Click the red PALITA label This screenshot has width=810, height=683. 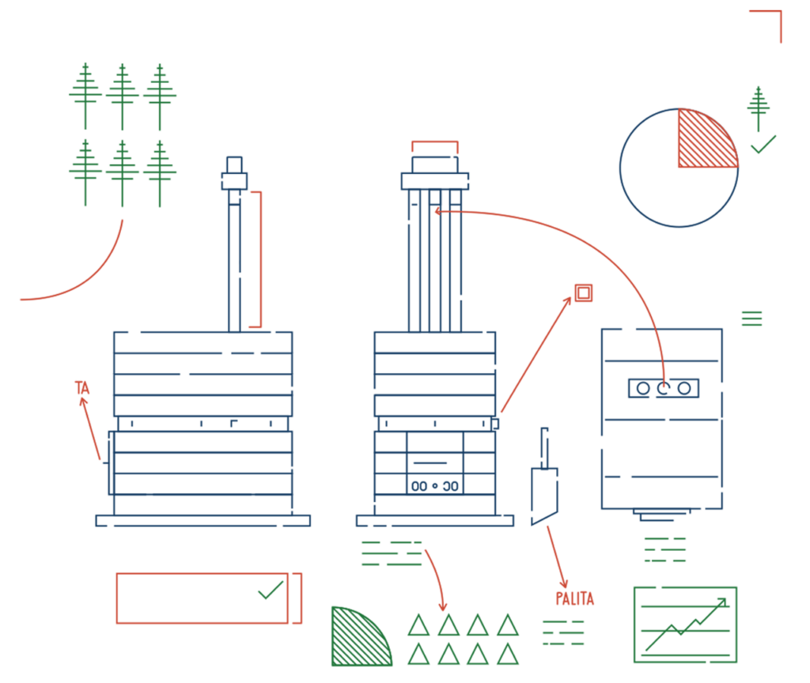pyautogui.click(x=575, y=599)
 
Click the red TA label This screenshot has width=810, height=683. pyautogui.click(x=81, y=387)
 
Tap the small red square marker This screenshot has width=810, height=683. pyautogui.click(x=584, y=293)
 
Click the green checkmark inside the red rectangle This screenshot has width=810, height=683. pyautogui.click(x=271, y=590)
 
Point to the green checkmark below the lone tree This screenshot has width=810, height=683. pyautogui.click(x=763, y=145)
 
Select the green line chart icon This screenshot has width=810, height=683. pyautogui.click(x=685, y=625)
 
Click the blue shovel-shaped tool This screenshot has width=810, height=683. pyautogui.click(x=544, y=490)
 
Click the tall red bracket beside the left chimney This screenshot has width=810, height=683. pyautogui.click(x=258, y=258)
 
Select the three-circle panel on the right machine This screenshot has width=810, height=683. pyautogui.click(x=663, y=388)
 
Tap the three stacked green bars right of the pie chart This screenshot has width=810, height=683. pyautogui.click(x=751, y=318)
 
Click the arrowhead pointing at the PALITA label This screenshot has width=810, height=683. pyautogui.click(x=564, y=583)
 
